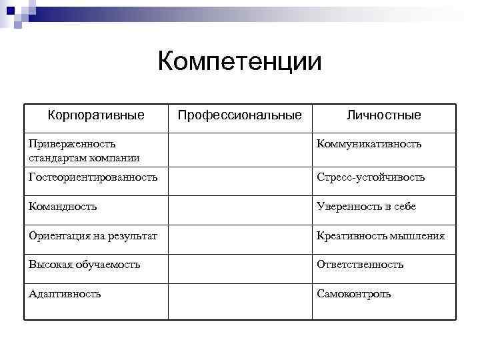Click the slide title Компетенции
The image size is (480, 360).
pyautogui.click(x=239, y=62)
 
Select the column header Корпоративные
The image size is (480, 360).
pyautogui.click(x=96, y=115)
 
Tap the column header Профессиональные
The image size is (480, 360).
pyautogui.click(x=239, y=115)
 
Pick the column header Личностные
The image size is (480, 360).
pyautogui.click(x=383, y=115)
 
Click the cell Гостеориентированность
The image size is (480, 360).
pyautogui.click(x=93, y=177)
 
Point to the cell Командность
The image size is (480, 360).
pyautogui.click(x=63, y=207)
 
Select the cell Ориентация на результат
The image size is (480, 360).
pyautogui.click(x=93, y=236)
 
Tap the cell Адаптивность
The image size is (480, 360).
pyautogui.click(x=65, y=293)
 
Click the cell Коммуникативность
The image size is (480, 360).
pyautogui.click(x=369, y=144)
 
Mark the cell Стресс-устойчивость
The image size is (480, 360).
pyautogui.click(x=371, y=177)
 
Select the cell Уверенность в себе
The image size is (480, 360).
pyautogui.click(x=367, y=207)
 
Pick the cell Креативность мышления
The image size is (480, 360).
pyautogui.click(x=381, y=236)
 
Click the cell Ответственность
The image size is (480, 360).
pyautogui.click(x=360, y=265)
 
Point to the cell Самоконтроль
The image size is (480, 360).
pyautogui.click(x=354, y=293)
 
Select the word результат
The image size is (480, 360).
pyautogui.click(x=136, y=236)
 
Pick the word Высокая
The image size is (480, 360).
pyautogui.click(x=49, y=265)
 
